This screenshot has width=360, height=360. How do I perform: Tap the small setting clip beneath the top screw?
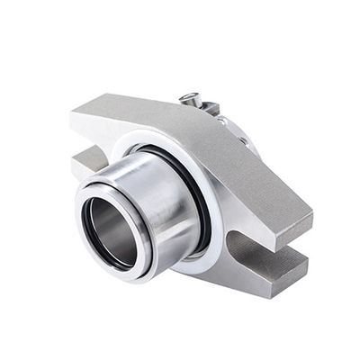tap(209, 109)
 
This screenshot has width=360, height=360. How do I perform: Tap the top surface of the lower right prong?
tap(270, 257)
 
